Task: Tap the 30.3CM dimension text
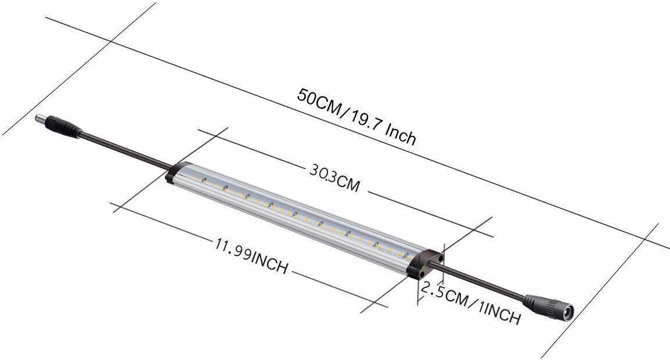(333, 177)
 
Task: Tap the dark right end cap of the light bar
(426, 264)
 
